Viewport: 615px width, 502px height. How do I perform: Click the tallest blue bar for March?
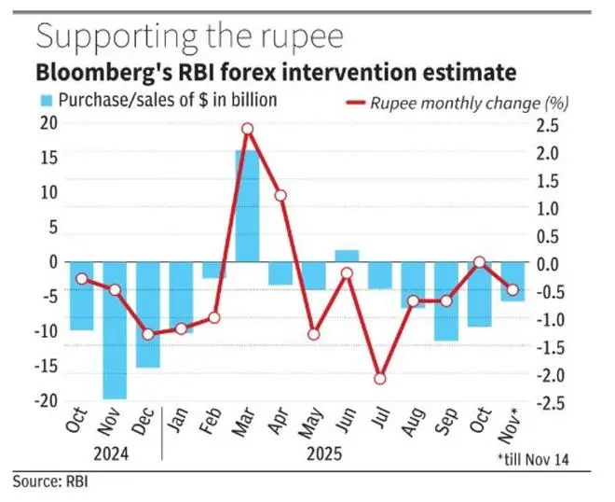(247, 205)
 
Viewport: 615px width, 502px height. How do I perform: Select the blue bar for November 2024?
(115, 330)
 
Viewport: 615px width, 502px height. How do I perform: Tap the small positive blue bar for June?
(347, 256)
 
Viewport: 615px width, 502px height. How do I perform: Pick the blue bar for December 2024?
(148, 314)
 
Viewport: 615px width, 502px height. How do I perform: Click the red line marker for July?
(380, 379)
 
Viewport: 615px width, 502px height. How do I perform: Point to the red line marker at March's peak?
(247, 129)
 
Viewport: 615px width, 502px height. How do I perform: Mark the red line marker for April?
(280, 196)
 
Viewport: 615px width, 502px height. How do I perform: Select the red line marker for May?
(314, 334)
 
